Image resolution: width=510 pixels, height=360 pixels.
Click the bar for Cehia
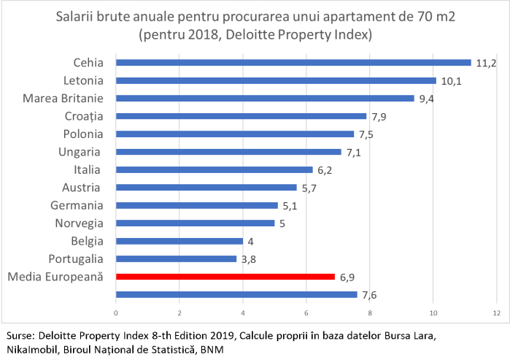click(x=293, y=63)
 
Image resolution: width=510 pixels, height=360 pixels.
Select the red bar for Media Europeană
click(x=225, y=277)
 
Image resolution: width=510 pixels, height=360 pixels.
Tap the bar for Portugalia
click(x=176, y=258)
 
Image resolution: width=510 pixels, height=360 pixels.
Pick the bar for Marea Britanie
click(x=265, y=98)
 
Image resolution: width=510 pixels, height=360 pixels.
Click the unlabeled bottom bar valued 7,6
click(x=236, y=294)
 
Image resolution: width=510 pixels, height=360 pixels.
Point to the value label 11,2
click(x=486, y=63)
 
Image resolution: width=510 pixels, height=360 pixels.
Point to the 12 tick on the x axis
click(x=497, y=313)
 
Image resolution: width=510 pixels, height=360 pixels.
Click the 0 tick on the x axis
click(x=115, y=313)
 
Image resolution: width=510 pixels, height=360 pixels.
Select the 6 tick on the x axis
click(x=306, y=313)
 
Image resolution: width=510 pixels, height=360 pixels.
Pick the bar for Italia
click(x=214, y=169)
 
